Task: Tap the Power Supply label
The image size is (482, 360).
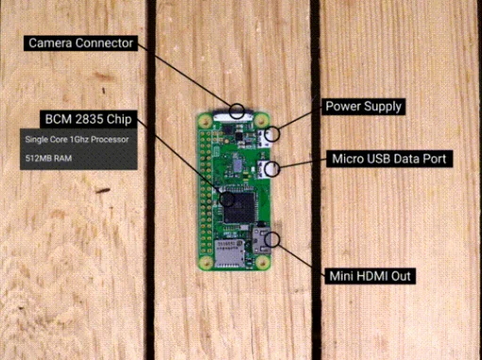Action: pyautogui.click(x=364, y=106)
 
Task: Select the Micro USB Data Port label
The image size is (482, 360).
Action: pyautogui.click(x=388, y=158)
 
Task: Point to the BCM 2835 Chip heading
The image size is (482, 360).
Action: pyautogui.click(x=88, y=120)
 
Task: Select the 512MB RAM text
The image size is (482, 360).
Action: pyautogui.click(x=43, y=161)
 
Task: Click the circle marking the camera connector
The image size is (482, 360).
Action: pyautogui.click(x=237, y=111)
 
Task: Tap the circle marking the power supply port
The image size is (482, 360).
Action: pyautogui.click(x=272, y=134)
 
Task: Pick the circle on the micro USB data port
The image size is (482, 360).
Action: pyautogui.click(x=272, y=170)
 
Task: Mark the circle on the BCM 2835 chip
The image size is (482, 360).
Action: pyautogui.click(x=225, y=199)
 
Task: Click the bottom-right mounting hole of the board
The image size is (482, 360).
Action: pyautogui.click(x=258, y=264)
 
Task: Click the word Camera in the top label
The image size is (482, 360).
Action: pyautogui.click(x=53, y=43)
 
